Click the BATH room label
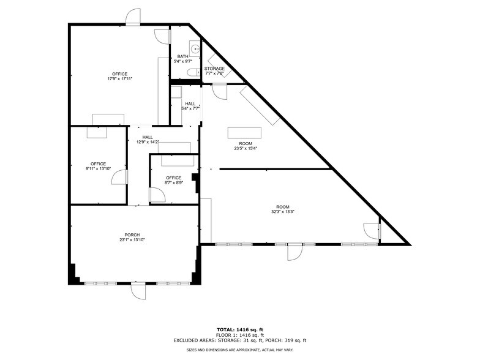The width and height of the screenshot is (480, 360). [x=183, y=56]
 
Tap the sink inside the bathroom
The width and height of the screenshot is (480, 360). [x=194, y=48]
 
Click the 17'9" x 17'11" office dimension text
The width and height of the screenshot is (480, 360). [x=120, y=79]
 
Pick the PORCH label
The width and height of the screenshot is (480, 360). [x=132, y=235]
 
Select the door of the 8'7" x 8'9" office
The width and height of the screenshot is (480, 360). [x=157, y=195]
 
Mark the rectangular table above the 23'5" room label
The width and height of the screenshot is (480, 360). [x=244, y=133]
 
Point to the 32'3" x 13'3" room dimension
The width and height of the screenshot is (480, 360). [x=283, y=212]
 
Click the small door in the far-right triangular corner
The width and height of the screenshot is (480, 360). [x=372, y=231]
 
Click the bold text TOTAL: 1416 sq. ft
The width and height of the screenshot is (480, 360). [x=239, y=330]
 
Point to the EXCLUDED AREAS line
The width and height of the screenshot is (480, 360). [x=239, y=340]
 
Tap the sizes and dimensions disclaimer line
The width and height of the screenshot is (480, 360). [x=239, y=350]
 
